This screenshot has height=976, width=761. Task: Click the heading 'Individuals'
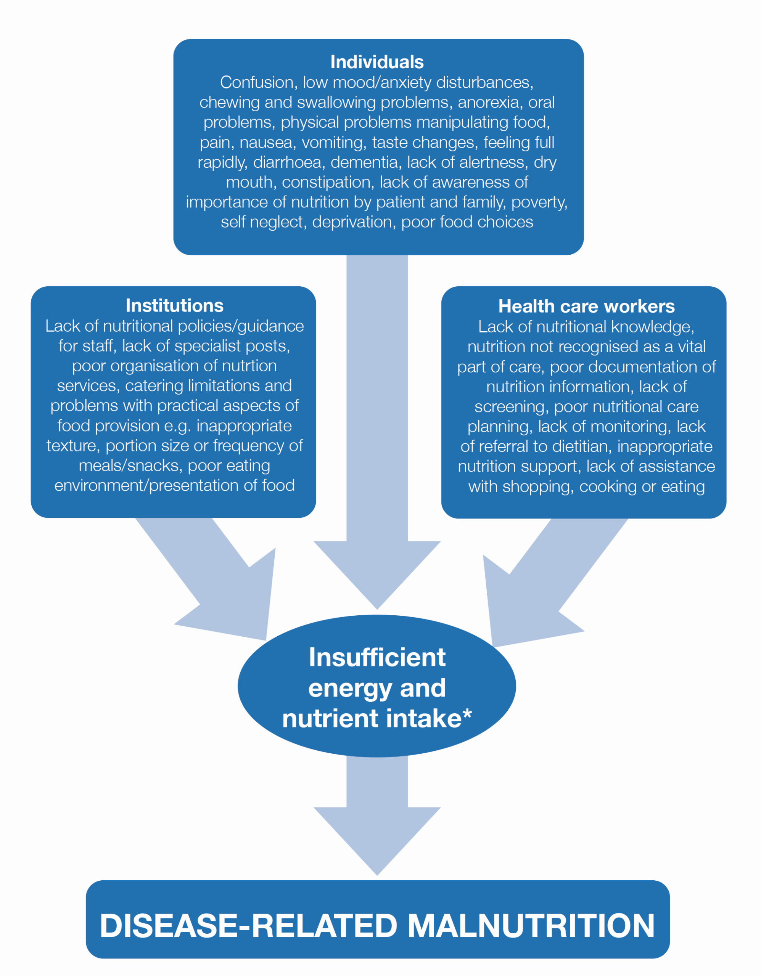pyautogui.click(x=377, y=62)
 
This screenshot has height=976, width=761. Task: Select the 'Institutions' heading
pyautogui.click(x=174, y=306)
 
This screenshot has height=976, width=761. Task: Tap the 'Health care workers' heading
pyautogui.click(x=587, y=307)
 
